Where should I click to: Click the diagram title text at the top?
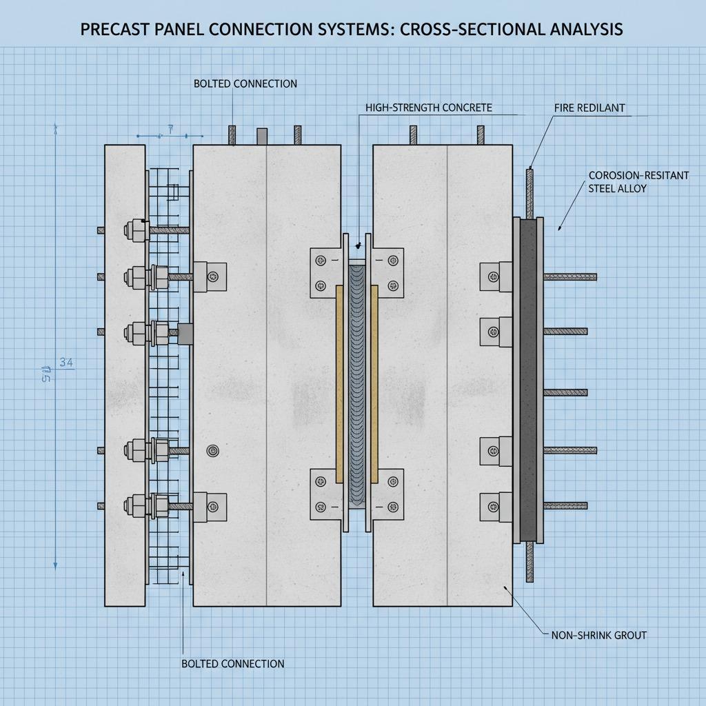tap(352, 29)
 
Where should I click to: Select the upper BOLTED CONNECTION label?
tap(245, 83)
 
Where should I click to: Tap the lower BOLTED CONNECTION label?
tap(232, 663)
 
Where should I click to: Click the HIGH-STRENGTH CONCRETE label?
tap(429, 108)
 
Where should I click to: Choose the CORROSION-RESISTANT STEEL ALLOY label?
tap(638, 181)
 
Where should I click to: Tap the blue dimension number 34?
tap(66, 362)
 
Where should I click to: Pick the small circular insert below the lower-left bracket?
tap(213, 451)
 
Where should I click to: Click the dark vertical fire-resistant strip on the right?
tap(529, 379)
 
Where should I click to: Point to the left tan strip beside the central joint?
tap(339, 383)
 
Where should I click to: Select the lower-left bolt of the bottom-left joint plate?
tap(321, 507)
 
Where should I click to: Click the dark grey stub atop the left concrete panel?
tap(261, 136)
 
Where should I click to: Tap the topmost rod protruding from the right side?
tap(569, 277)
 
